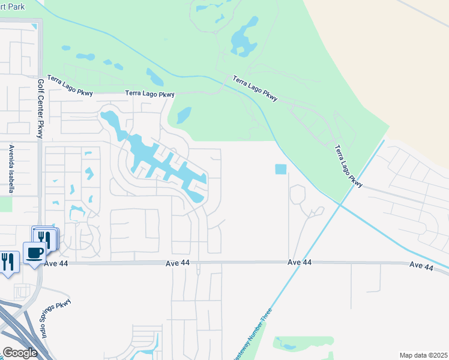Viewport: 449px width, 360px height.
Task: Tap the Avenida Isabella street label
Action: point(11,169)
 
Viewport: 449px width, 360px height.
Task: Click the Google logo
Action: point(19,352)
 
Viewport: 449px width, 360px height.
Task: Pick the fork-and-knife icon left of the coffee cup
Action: point(8,262)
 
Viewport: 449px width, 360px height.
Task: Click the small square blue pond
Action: point(280,170)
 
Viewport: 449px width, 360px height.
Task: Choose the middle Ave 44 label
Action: point(300,263)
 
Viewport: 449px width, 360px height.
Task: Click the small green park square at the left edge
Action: point(5,203)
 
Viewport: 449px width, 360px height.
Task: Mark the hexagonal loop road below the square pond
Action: point(297,195)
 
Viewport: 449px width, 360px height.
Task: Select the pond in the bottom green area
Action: point(288,346)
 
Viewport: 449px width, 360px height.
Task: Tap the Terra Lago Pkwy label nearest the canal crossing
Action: point(255,88)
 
